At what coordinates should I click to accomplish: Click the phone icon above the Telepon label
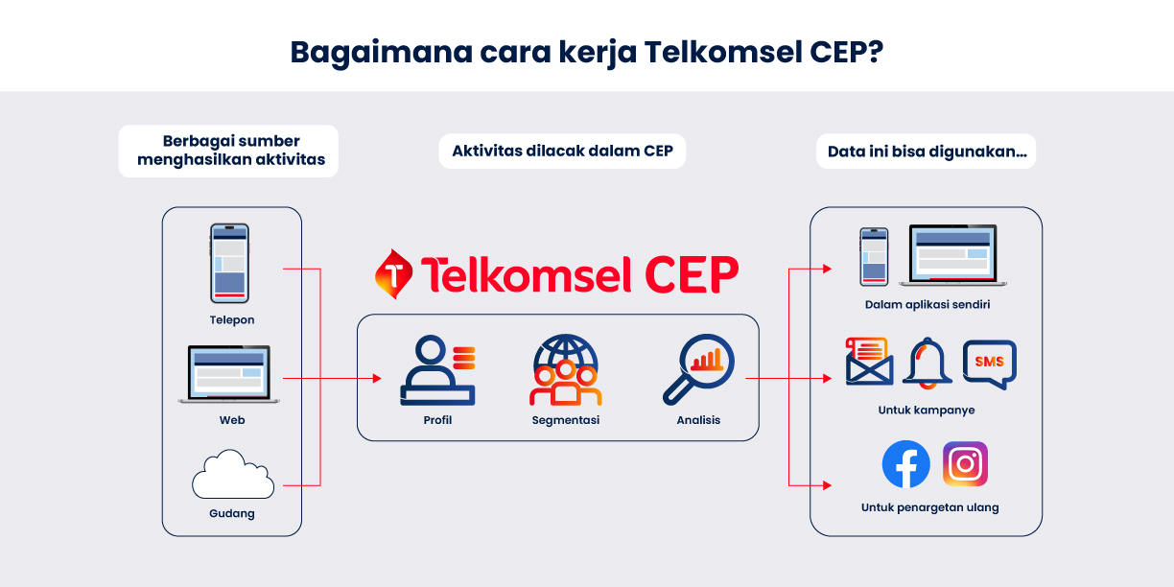click(x=229, y=263)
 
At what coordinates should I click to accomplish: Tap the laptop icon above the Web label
click(x=231, y=374)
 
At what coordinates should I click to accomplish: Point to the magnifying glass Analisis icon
click(x=698, y=367)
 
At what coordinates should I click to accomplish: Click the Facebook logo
click(x=905, y=464)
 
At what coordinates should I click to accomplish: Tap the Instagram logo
click(x=965, y=464)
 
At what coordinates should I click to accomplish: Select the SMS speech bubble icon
click(x=989, y=364)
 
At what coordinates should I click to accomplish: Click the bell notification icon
click(x=927, y=363)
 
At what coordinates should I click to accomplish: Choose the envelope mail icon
click(x=869, y=362)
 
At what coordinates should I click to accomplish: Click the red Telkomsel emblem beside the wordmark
click(x=393, y=274)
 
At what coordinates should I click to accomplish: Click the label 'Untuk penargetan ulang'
click(x=929, y=507)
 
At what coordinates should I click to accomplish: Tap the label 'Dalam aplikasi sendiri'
click(x=927, y=305)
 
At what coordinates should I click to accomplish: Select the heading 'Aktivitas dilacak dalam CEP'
click(x=562, y=151)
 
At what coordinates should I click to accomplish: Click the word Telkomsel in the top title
click(x=716, y=51)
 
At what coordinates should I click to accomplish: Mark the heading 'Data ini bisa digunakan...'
click(x=926, y=151)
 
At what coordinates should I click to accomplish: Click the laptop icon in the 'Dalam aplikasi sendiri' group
click(x=952, y=255)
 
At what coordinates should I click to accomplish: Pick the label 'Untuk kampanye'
click(x=927, y=410)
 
